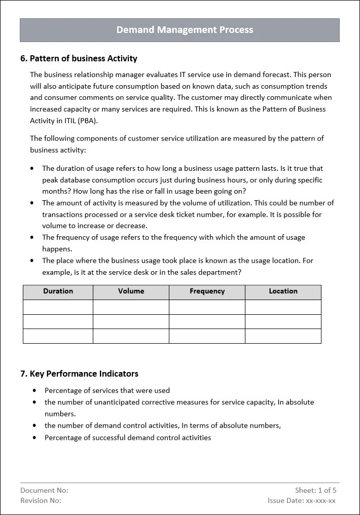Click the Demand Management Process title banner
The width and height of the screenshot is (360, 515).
pyautogui.click(x=185, y=30)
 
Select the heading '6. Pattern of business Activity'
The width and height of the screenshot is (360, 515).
pyautogui.click(x=79, y=58)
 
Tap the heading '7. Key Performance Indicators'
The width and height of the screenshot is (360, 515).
pyautogui.click(x=79, y=374)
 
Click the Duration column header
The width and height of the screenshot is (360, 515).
pyautogui.click(x=58, y=291)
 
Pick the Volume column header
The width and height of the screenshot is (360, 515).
pyautogui.click(x=131, y=291)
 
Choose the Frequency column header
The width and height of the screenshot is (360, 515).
pyautogui.click(x=207, y=291)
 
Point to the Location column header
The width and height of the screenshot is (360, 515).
pyautogui.click(x=283, y=291)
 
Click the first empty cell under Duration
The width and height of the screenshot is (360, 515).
pyautogui.click(x=58, y=307)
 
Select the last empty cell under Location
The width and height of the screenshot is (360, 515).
pyautogui.click(x=283, y=336)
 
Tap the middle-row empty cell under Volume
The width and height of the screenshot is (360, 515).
pyautogui.click(x=131, y=321)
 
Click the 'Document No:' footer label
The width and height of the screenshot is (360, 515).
pyautogui.click(x=44, y=490)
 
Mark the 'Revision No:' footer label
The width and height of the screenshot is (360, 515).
pyautogui.click(x=41, y=500)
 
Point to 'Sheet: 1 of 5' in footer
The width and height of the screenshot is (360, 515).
pyautogui.click(x=315, y=490)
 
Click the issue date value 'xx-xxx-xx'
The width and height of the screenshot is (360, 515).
pyautogui.click(x=320, y=500)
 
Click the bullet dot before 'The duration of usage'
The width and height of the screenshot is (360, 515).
pyautogui.click(x=33, y=168)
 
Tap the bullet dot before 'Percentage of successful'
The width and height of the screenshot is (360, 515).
pyautogui.click(x=34, y=437)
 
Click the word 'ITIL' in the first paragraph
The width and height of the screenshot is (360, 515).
pyautogui.click(x=67, y=121)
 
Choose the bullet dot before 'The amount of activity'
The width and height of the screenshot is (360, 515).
pyautogui.click(x=33, y=203)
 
